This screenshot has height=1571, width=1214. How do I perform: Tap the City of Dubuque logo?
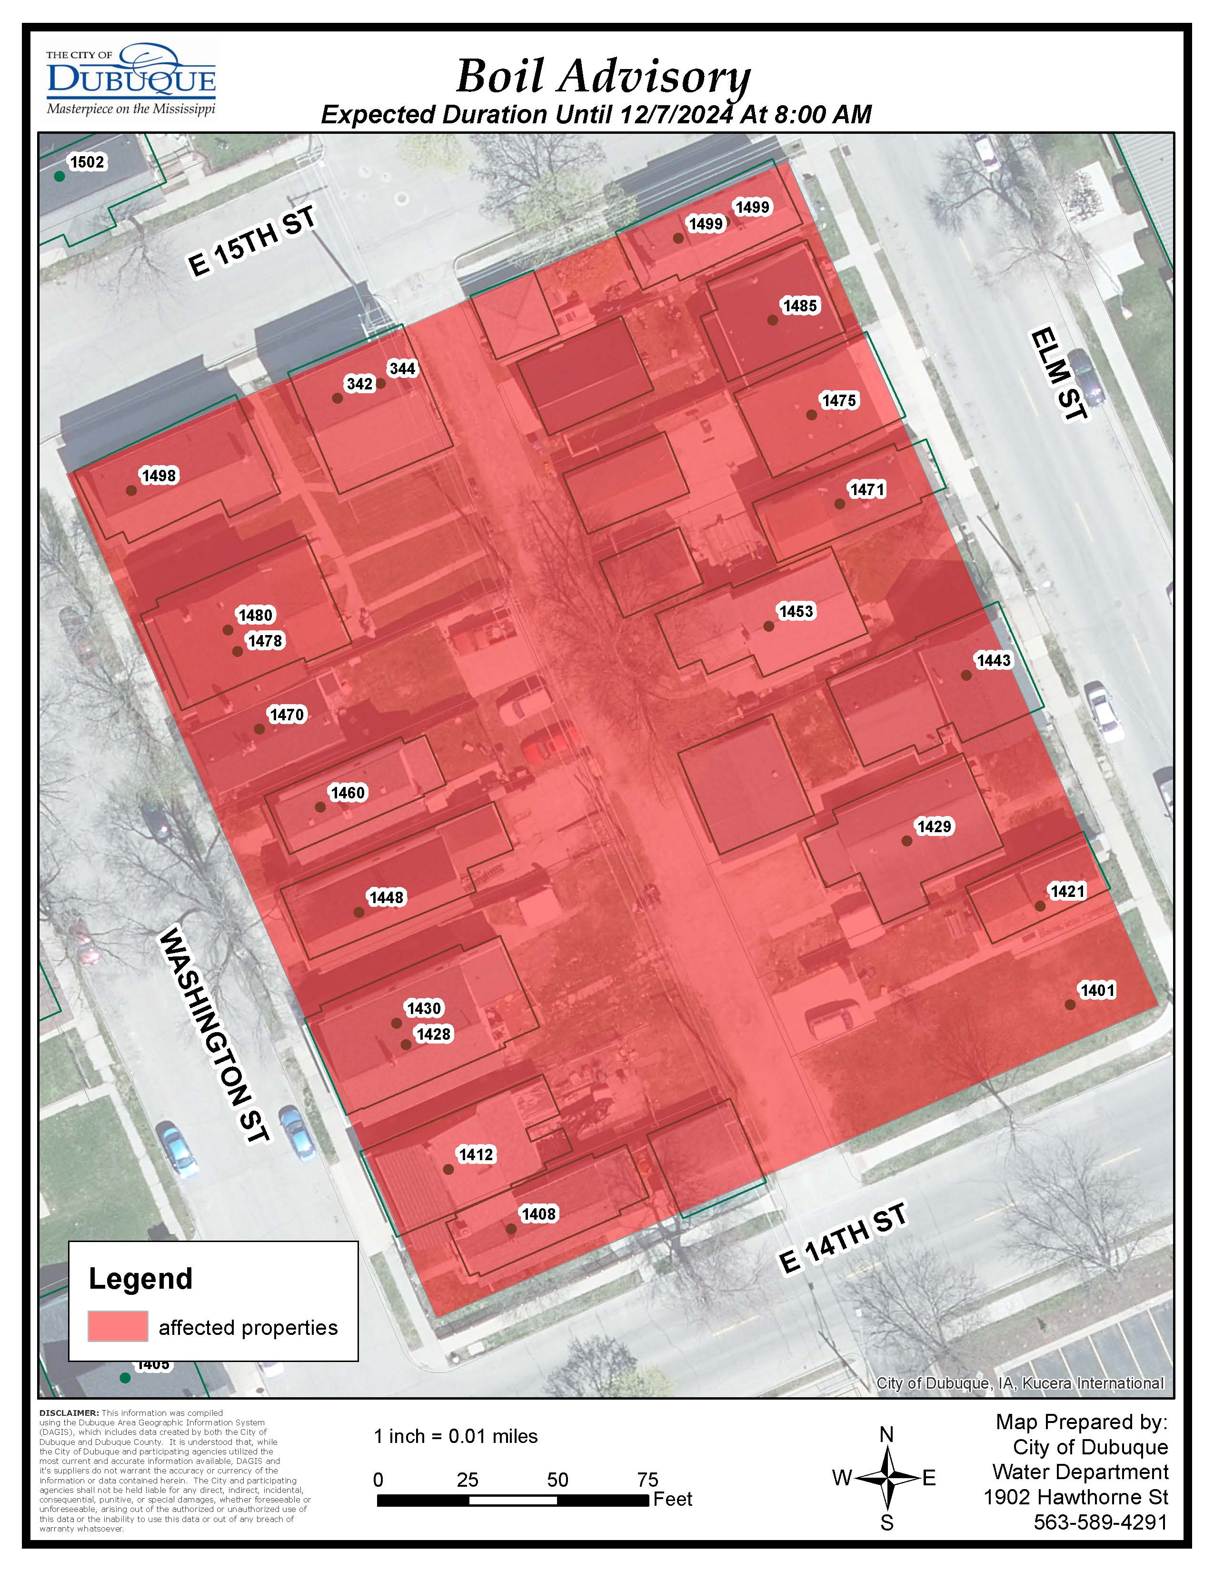[x=131, y=79]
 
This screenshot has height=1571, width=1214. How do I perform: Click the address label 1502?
[x=87, y=162]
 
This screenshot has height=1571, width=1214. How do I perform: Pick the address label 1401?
[x=1097, y=991]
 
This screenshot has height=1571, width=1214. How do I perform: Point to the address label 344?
[x=402, y=369]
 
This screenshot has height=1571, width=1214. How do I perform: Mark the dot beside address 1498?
[x=131, y=490]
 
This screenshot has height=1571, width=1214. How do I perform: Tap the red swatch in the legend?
[x=118, y=1326]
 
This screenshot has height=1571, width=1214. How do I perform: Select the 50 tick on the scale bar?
[x=557, y=1480]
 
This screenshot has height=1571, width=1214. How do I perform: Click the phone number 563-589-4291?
[x=1100, y=1522]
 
